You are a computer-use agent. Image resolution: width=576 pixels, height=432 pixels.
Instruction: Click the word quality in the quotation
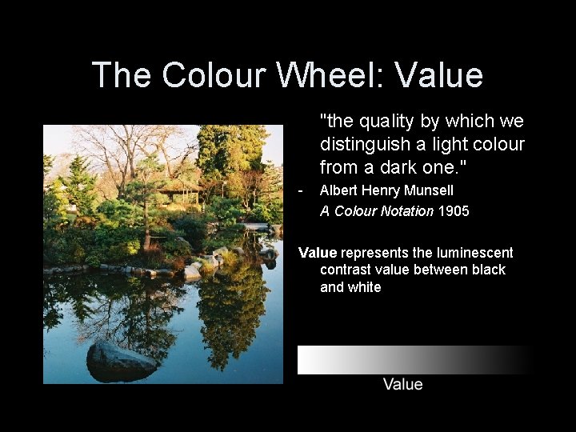coord(386,122)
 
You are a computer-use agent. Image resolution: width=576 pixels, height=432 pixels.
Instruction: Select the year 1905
coord(454,211)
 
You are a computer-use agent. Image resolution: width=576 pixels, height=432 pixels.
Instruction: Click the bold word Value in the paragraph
coord(318,253)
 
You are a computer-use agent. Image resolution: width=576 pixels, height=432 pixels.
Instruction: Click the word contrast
coord(348,270)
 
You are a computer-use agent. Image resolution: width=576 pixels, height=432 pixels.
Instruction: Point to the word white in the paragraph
coord(364,286)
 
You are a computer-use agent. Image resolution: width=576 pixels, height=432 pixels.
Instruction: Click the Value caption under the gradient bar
coord(402,384)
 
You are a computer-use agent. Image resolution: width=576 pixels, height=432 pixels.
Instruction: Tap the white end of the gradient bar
coord(308,360)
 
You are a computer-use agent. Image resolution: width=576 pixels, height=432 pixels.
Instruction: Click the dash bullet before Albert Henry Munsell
coord(300,190)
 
